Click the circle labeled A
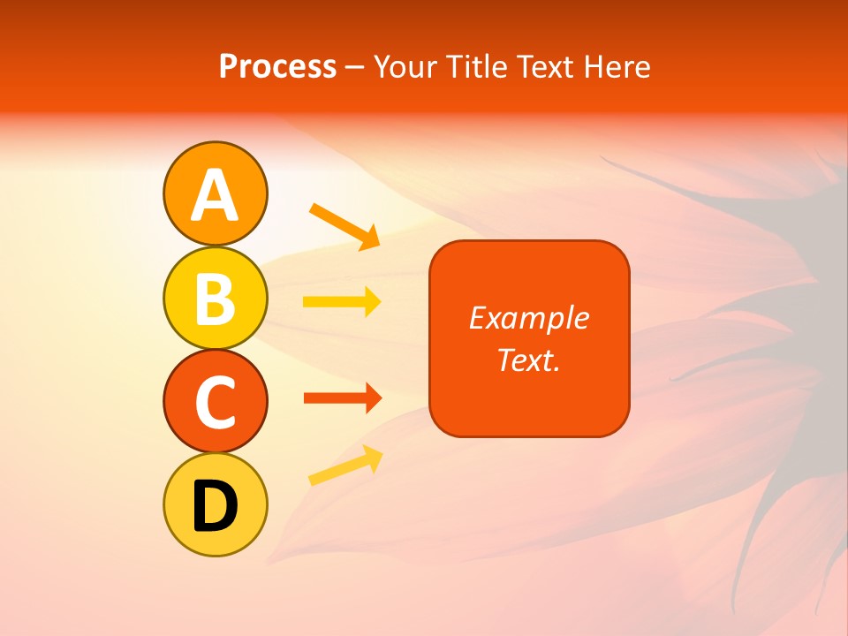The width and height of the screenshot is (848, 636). [215, 193]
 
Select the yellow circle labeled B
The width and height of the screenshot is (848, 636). [215, 298]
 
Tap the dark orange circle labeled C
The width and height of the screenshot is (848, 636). [215, 401]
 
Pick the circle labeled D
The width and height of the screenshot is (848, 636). [215, 505]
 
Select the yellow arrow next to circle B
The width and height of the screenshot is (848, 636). [342, 302]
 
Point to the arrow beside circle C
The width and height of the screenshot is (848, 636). [342, 398]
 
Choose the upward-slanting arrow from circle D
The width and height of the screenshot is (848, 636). [345, 466]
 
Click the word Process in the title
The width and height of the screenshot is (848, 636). [277, 67]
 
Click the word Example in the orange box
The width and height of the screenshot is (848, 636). [528, 318]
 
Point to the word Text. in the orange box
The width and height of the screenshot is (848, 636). [528, 360]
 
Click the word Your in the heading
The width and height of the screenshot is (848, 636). [403, 67]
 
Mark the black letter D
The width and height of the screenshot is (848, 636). [215, 506]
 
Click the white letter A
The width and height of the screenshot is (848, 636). [215, 194]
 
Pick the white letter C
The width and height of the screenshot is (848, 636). [215, 402]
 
